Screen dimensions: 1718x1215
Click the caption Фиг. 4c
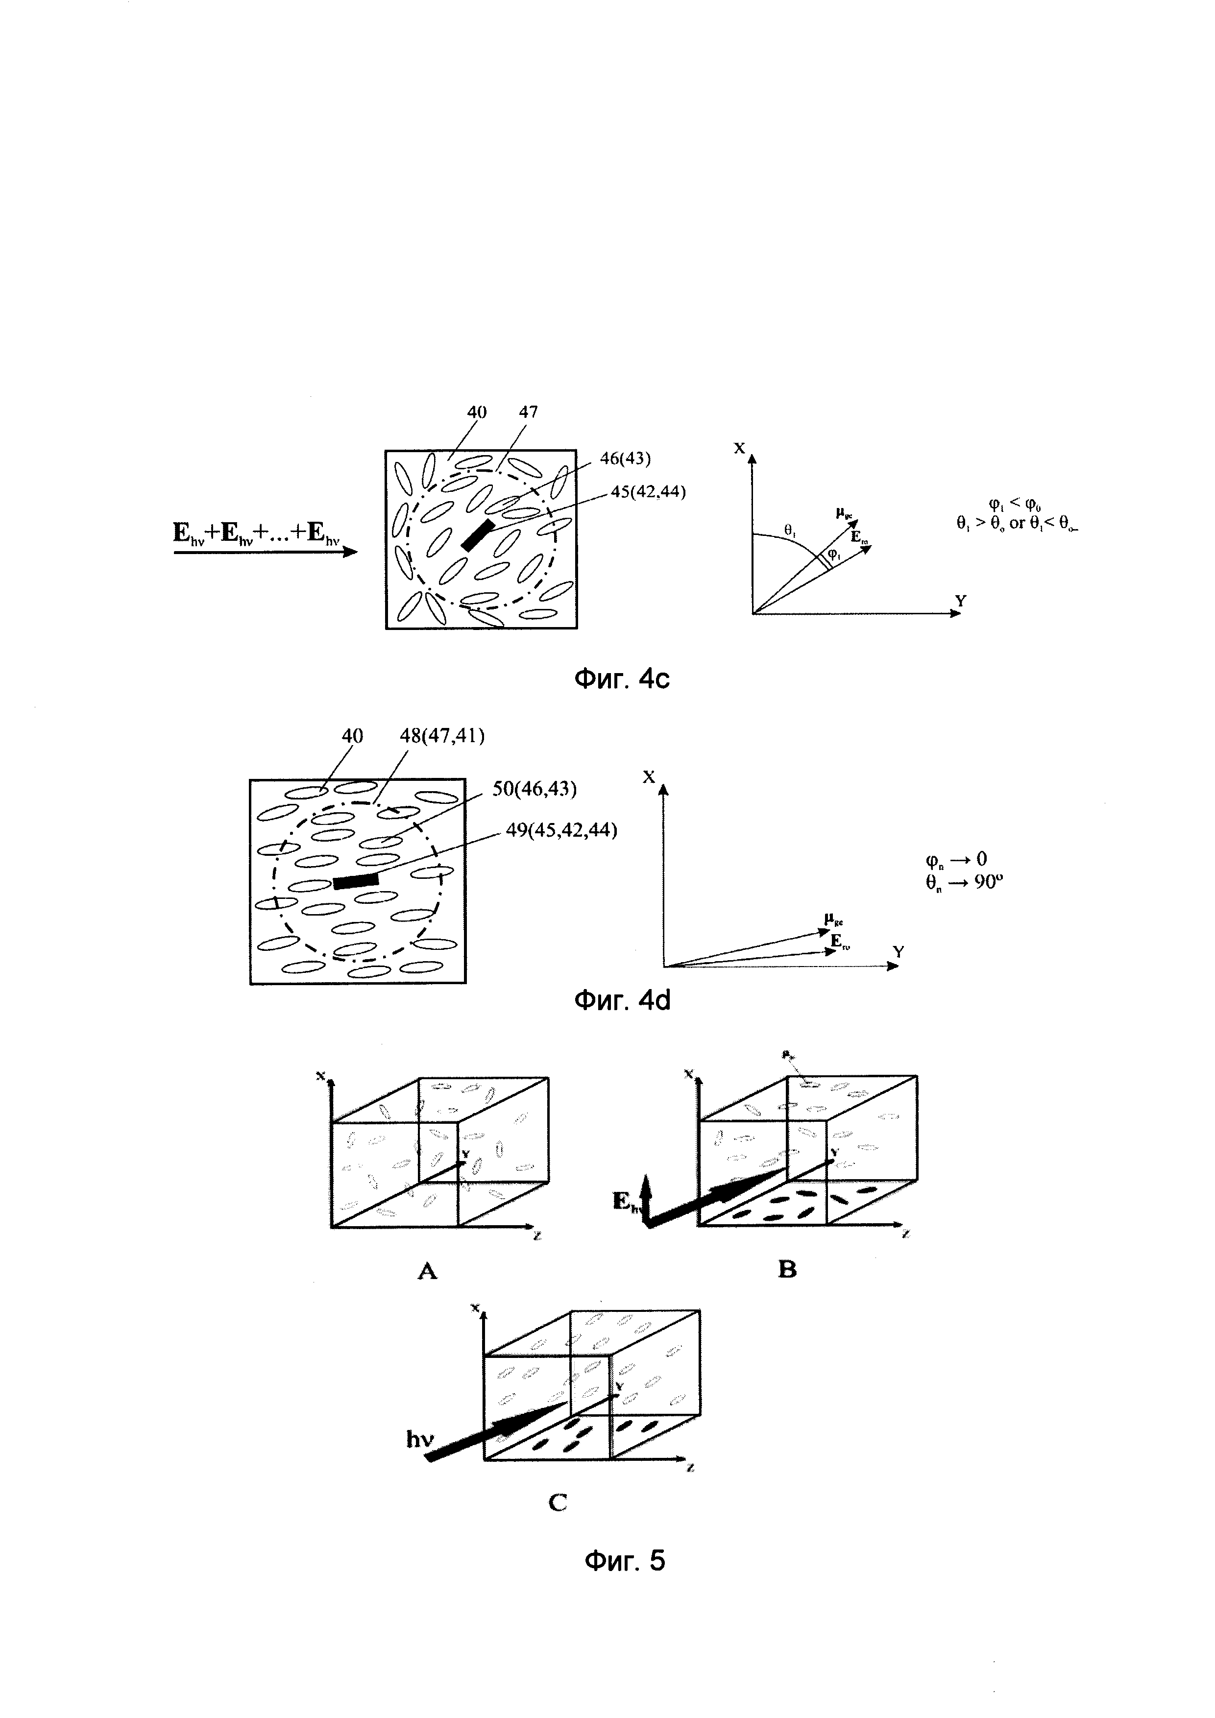click(x=622, y=678)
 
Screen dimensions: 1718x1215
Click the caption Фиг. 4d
click(x=622, y=1000)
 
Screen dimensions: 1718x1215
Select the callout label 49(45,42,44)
click(x=561, y=830)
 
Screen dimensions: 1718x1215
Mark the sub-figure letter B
click(x=787, y=1270)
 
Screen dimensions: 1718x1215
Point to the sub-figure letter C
click(x=558, y=1502)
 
